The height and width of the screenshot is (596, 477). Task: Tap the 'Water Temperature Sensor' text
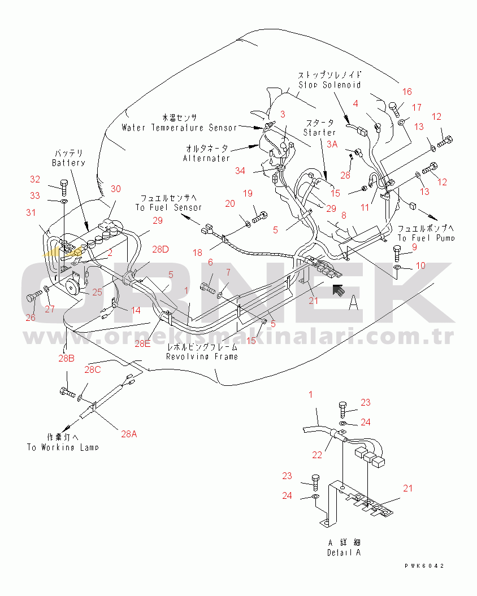pos(180,128)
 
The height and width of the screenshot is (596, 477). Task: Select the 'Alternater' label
pos(206,158)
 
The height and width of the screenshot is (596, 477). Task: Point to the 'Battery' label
pos(68,163)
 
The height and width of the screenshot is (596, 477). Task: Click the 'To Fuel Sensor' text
pos(168,207)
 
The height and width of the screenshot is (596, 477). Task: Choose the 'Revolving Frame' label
pos(202,356)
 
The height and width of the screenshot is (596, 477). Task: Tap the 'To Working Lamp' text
pos(63,447)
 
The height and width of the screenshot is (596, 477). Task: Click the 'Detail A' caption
pos(343,553)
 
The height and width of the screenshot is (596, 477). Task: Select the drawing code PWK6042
pos(424,565)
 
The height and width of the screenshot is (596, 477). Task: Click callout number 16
pos(407,92)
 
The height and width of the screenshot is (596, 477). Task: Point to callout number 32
pos(35,180)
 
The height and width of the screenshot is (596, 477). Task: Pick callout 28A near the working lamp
pos(129,434)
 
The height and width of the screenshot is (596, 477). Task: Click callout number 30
pos(115,189)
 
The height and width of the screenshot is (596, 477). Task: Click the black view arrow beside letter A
pos(340,291)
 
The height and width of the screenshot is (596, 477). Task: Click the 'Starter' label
pos(319,132)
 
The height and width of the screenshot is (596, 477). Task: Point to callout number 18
pos(197,254)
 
